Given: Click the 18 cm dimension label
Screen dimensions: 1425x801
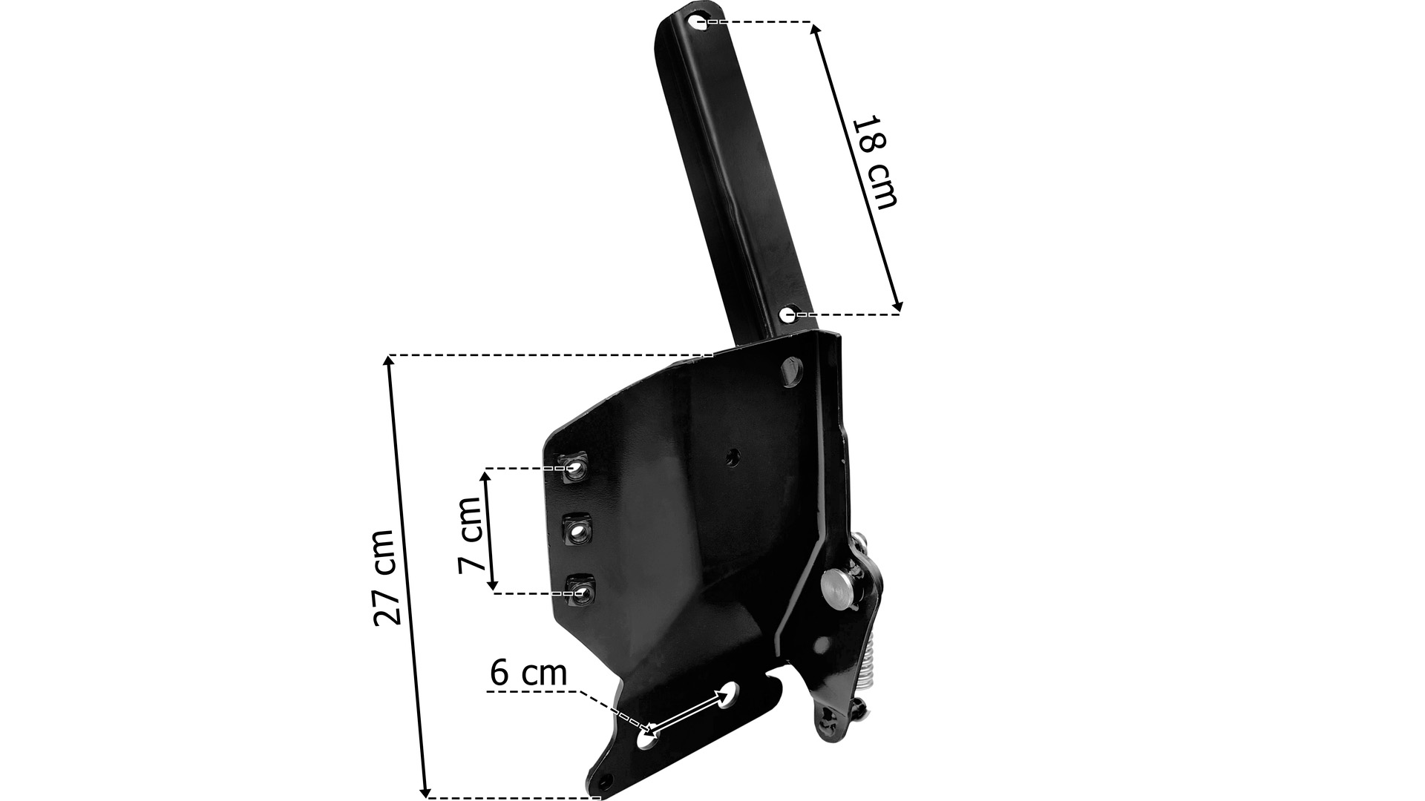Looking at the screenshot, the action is [x=874, y=162].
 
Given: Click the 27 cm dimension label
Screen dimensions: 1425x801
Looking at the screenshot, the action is [x=389, y=577].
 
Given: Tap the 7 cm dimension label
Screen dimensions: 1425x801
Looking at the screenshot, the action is [x=471, y=533].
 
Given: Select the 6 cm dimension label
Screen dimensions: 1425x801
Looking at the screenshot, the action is [x=528, y=673].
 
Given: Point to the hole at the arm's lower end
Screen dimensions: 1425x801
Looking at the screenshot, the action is [x=788, y=314].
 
